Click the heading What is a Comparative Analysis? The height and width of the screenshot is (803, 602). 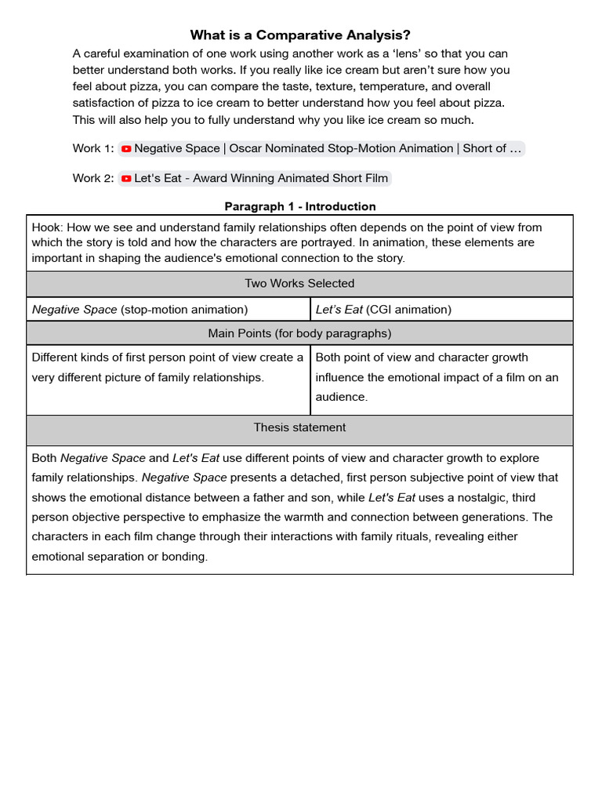pyautogui.click(x=300, y=35)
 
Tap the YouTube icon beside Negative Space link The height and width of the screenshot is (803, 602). pyautogui.click(x=126, y=149)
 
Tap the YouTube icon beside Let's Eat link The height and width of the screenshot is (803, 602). pyautogui.click(x=126, y=179)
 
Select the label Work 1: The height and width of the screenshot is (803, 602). pyautogui.click(x=93, y=149)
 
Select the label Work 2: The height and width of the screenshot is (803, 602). pyautogui.click(x=93, y=179)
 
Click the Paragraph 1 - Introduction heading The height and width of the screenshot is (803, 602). pyautogui.click(x=300, y=207)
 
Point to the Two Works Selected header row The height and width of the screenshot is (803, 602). pyautogui.click(x=299, y=284)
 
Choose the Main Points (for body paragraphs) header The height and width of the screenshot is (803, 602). pyautogui.click(x=299, y=333)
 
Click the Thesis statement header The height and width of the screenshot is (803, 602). pyautogui.click(x=299, y=428)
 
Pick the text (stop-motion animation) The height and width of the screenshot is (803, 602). pyautogui.click(x=184, y=310)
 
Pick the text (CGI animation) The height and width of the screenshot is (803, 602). pyautogui.click(x=408, y=310)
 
